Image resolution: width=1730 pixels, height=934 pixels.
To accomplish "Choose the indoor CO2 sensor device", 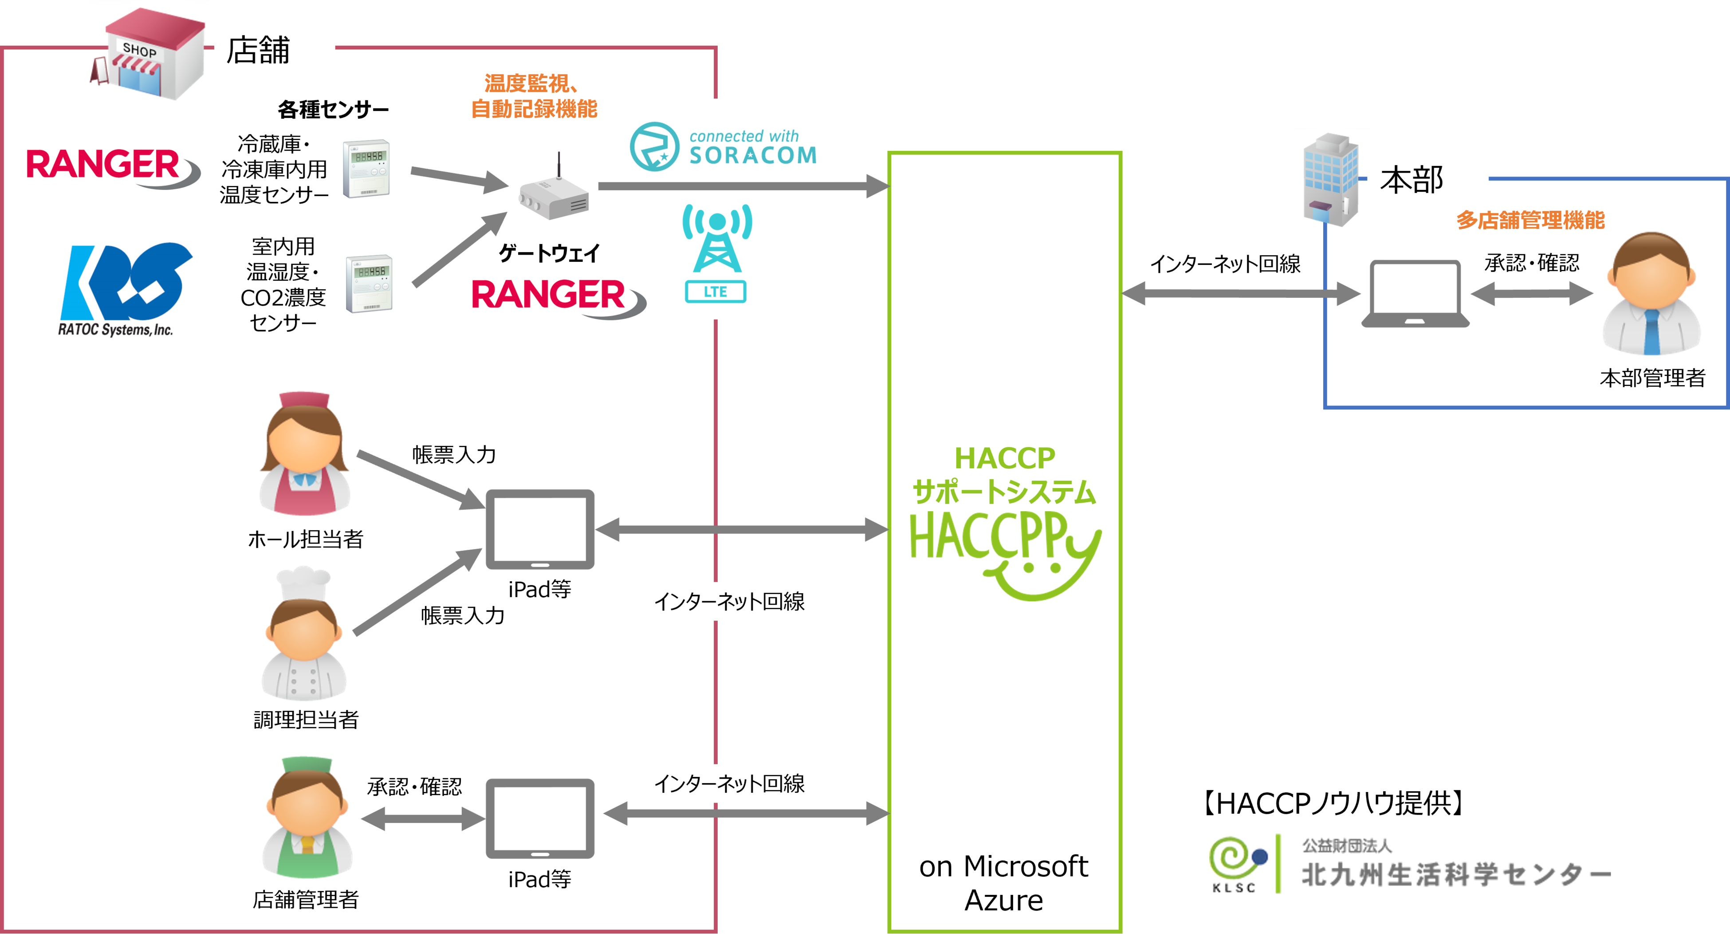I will coord(369,284).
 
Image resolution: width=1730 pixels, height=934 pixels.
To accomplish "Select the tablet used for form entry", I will coord(540,529).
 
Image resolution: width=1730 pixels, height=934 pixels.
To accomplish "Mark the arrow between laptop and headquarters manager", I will coord(1531,294).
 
